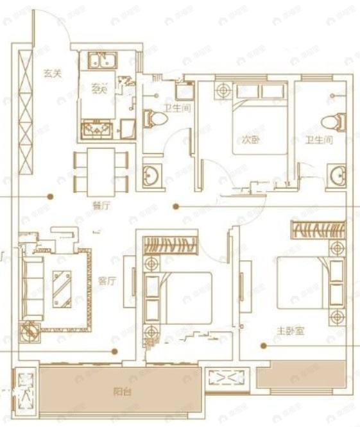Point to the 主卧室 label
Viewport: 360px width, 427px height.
[x=290, y=331]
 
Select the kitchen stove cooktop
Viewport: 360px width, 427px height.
[x=98, y=130]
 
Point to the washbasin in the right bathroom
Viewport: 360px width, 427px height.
[x=337, y=174]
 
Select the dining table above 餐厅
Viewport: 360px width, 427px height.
[x=101, y=171]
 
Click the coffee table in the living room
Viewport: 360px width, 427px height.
[x=62, y=287]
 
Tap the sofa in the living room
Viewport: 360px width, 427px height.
[x=33, y=286]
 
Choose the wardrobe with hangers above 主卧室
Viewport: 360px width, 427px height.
[x=318, y=230]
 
